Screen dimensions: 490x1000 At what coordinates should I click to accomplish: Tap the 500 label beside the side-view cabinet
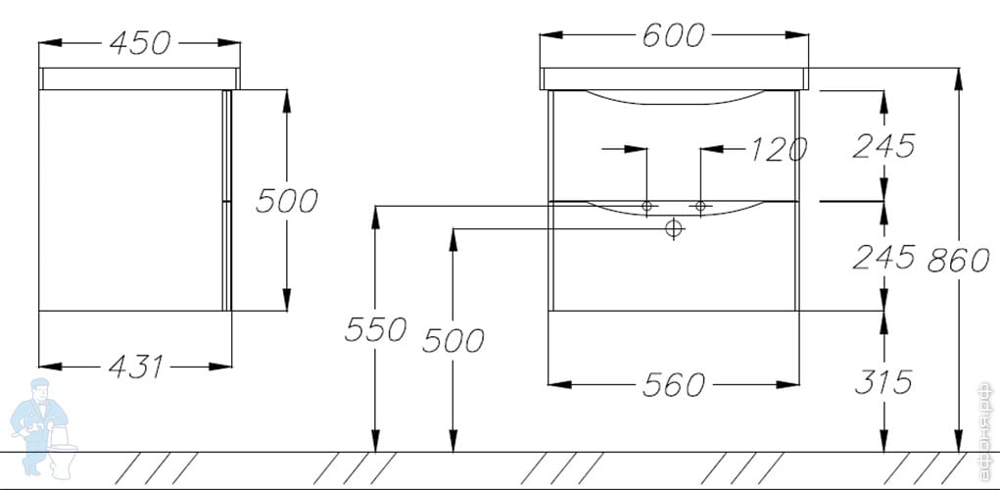click(286, 201)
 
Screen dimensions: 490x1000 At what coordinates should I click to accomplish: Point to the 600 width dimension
click(673, 35)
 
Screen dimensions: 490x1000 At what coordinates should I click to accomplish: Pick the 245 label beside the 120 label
click(883, 146)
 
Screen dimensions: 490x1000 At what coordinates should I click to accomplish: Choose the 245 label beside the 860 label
click(883, 257)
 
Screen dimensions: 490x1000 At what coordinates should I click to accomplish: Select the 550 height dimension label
click(374, 329)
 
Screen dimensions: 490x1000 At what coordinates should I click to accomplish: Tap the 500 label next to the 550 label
click(452, 341)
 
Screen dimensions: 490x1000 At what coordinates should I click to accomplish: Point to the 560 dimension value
click(673, 385)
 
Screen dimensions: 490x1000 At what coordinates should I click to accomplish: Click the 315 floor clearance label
click(882, 381)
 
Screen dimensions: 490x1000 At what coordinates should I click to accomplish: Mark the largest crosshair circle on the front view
click(672, 229)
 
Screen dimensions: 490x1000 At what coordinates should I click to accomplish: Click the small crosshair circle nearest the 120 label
click(699, 206)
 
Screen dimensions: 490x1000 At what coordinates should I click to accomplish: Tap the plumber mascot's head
click(43, 391)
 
